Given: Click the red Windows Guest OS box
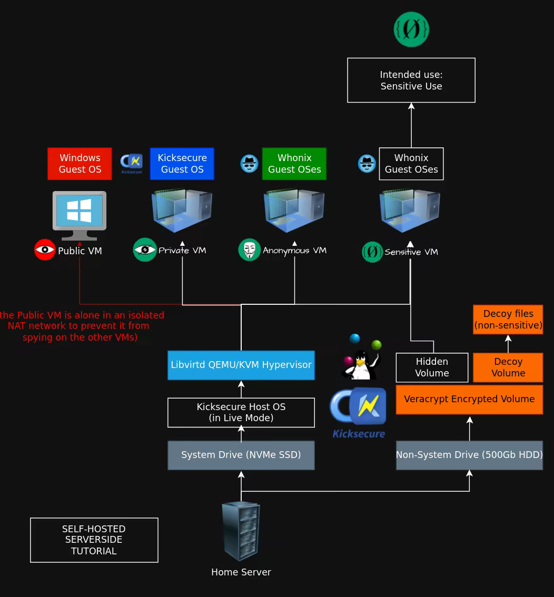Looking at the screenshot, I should [80, 164].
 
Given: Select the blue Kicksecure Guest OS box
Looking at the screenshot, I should [182, 164].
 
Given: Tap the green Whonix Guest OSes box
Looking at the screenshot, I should [294, 164].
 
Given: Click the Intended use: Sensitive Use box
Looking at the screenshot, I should [411, 81].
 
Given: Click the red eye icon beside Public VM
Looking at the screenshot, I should [45, 250].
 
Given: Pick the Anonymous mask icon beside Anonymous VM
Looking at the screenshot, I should [249, 250].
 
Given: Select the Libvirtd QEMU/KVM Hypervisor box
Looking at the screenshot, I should [241, 365].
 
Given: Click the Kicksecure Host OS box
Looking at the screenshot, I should [241, 413].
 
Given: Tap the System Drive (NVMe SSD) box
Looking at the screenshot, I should [241, 455].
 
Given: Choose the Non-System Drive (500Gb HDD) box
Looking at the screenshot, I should [469, 455].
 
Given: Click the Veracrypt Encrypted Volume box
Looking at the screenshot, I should [469, 399].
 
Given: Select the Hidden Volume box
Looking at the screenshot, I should [432, 367].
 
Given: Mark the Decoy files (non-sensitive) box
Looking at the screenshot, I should [508, 320].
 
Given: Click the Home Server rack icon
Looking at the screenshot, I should [241, 531].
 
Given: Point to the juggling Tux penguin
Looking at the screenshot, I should [361, 358].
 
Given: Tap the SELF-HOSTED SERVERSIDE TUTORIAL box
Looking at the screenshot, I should [94, 540].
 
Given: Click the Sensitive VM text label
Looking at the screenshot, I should [411, 252].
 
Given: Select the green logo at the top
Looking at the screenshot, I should [411, 29].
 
